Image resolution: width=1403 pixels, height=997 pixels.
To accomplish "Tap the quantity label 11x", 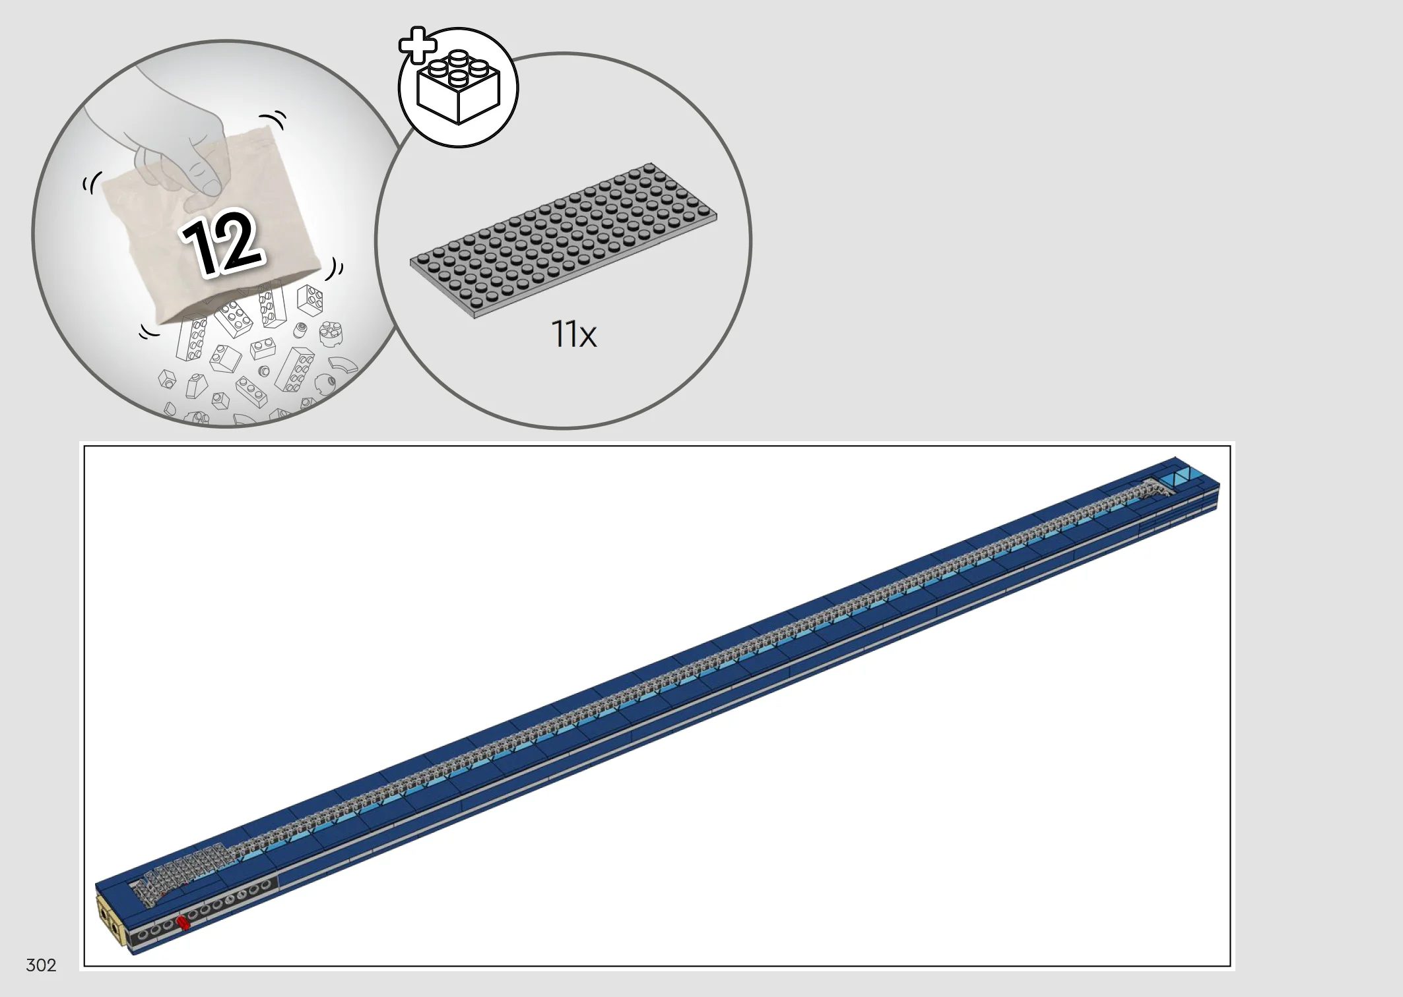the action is pyautogui.click(x=573, y=334).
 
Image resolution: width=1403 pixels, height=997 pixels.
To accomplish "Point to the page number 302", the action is pyautogui.click(x=41, y=965).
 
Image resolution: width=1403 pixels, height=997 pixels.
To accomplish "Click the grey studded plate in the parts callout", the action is pyautogui.click(x=563, y=240).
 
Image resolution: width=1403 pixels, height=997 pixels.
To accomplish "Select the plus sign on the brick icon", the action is pyautogui.click(x=418, y=45).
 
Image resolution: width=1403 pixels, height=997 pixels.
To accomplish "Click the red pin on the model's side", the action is pyautogui.click(x=183, y=922).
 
